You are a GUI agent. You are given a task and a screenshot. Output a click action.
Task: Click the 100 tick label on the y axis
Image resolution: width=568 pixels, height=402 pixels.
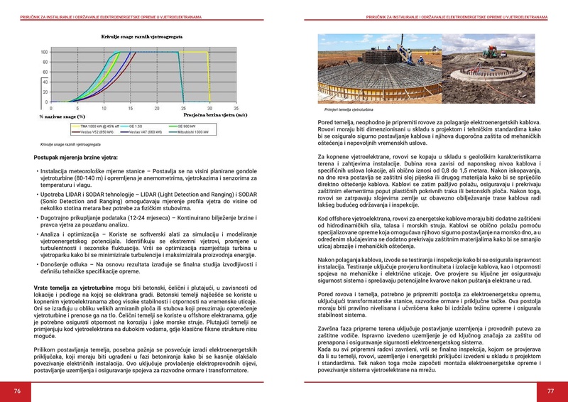pyautogui.click(x=44, y=52)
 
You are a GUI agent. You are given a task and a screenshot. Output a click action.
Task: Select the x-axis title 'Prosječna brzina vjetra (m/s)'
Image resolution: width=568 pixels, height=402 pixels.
pyautogui.click(x=215, y=114)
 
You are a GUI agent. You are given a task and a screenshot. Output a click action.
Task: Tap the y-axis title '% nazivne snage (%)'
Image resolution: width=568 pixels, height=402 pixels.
pyautogui.click(x=62, y=116)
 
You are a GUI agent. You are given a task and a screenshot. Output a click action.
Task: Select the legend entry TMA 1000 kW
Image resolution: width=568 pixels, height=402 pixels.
pyautogui.click(x=100, y=126)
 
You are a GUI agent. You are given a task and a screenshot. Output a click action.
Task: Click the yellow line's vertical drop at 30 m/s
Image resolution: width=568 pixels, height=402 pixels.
pyautogui.click(x=206, y=78)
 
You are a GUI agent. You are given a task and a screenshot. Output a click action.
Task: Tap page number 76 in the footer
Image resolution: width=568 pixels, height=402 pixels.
pyautogui.click(x=16, y=391)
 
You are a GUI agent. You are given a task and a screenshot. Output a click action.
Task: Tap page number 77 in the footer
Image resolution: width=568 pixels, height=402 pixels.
pyautogui.click(x=550, y=391)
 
